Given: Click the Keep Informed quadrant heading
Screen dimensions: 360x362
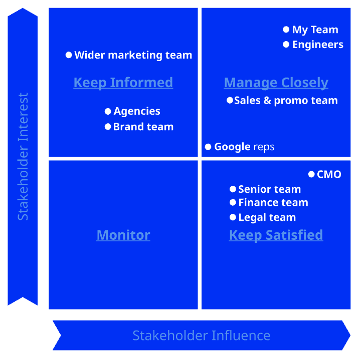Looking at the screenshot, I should tap(123, 83).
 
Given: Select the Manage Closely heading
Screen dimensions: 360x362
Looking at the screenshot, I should tap(276, 83).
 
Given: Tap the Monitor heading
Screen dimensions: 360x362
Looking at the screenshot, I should tap(123, 235).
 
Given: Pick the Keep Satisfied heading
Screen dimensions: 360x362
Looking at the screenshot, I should tap(276, 235).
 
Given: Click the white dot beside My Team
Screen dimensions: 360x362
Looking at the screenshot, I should tap(286, 30).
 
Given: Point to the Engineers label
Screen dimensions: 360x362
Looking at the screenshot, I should tap(318, 45).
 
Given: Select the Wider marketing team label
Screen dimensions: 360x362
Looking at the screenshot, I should tap(133, 55).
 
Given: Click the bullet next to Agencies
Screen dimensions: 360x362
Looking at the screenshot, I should tap(108, 112).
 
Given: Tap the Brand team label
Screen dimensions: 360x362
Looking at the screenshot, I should tap(143, 127).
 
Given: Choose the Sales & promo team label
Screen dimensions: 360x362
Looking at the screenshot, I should tap(286, 100).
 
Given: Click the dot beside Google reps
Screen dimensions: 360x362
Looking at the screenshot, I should tap(208, 147).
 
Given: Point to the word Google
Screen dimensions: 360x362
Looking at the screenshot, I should tap(232, 147).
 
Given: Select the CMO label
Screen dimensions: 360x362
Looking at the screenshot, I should tap(329, 174).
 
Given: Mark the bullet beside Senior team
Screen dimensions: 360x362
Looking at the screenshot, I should tap(233, 189).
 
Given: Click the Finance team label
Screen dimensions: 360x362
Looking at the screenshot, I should tap(273, 203).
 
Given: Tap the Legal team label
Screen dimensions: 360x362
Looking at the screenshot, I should tap(267, 218).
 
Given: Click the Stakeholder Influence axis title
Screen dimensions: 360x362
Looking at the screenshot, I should tap(201, 335).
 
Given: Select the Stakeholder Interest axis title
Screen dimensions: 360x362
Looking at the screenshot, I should tap(23, 157).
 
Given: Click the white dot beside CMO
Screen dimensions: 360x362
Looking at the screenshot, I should tap(311, 174).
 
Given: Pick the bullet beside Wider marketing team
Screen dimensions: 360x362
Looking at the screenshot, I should tap(69, 55).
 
